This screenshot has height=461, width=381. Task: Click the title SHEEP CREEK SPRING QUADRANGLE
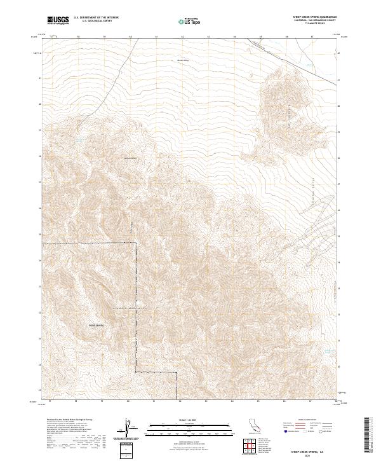coord(311,17)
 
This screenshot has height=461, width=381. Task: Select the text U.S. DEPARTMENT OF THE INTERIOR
coord(96,18)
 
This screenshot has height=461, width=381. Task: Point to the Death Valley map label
coord(183,60)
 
